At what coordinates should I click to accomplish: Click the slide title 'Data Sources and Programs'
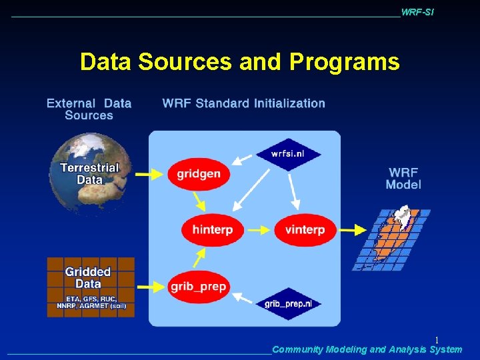point(239,62)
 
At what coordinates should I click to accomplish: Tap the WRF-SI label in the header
point(417,13)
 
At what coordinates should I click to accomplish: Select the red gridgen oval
point(198,174)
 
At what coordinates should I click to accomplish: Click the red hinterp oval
point(212,229)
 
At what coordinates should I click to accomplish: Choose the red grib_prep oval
point(199,287)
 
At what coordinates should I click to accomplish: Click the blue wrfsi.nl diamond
point(289,154)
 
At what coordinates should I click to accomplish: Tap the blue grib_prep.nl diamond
point(288,303)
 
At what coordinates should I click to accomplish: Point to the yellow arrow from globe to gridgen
point(150,174)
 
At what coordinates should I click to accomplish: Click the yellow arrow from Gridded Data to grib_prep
point(151,287)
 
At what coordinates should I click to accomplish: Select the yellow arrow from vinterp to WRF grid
point(352,230)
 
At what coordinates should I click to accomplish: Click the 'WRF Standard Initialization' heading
point(243,103)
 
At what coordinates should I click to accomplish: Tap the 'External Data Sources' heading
point(89,109)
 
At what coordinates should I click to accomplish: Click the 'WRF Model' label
point(403,178)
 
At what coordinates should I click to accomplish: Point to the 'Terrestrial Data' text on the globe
point(89,173)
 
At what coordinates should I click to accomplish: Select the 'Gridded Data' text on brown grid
point(88,277)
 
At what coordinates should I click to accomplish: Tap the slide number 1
point(437,340)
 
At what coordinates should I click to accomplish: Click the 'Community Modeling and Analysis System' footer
point(367,349)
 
